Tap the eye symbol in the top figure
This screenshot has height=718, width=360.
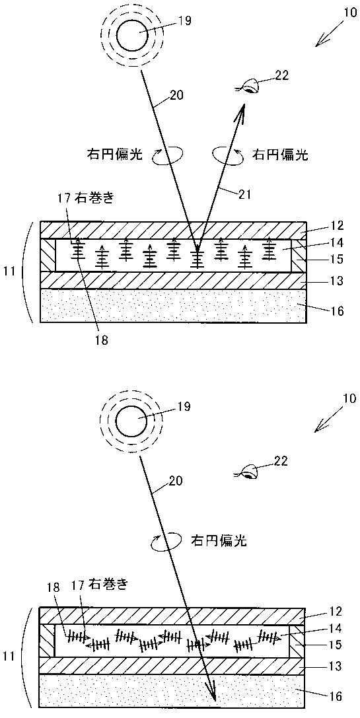(x=249, y=86)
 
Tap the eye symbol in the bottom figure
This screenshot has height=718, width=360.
(x=249, y=471)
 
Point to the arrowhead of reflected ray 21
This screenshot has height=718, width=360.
(x=241, y=112)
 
